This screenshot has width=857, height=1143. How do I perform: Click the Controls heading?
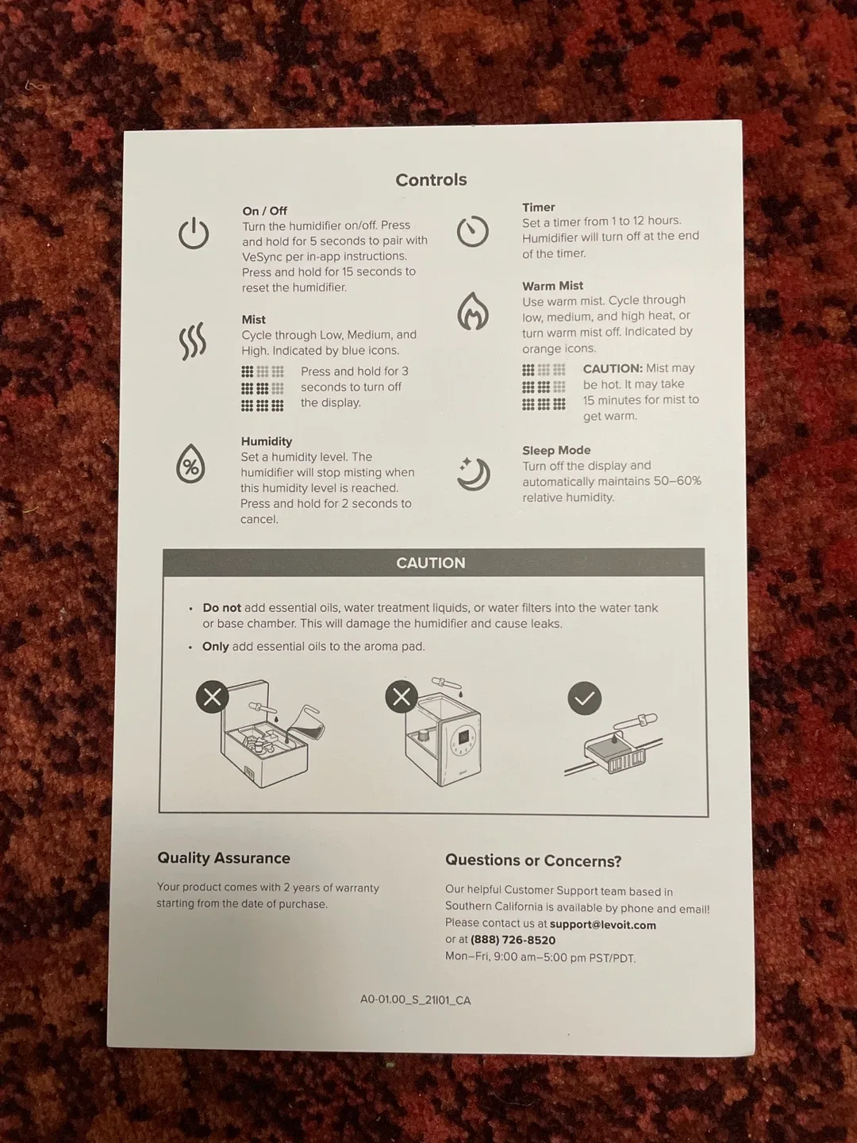pos(431,179)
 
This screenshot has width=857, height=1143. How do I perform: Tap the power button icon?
pos(194,233)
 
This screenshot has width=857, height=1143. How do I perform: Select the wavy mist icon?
pos(193,341)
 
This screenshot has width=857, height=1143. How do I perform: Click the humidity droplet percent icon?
pos(190,463)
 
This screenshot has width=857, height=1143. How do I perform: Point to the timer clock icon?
pos(472,231)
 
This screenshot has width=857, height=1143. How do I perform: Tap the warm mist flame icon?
pos(472,311)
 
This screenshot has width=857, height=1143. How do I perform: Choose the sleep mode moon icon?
pos(474,474)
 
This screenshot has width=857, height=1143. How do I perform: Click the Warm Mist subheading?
pos(552,286)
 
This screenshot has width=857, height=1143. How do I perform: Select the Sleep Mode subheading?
pos(556,450)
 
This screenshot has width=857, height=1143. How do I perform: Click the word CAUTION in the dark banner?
pos(431,563)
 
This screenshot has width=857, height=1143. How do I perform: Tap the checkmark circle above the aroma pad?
pos(585,698)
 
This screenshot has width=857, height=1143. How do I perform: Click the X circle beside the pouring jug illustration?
pos(213,697)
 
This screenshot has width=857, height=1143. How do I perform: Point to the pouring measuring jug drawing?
pos(306,723)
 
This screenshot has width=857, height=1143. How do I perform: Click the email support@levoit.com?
pos(602,926)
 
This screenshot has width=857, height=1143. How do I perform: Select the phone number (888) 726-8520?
pos(513,941)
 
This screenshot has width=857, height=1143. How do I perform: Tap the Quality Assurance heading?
pos(224,858)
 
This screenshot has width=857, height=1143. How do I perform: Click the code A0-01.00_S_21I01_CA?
pos(415,1000)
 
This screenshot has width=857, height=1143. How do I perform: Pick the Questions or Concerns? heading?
pos(533,860)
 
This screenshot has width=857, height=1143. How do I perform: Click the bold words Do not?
pos(221,608)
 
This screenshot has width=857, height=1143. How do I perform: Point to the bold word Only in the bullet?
pos(215,647)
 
